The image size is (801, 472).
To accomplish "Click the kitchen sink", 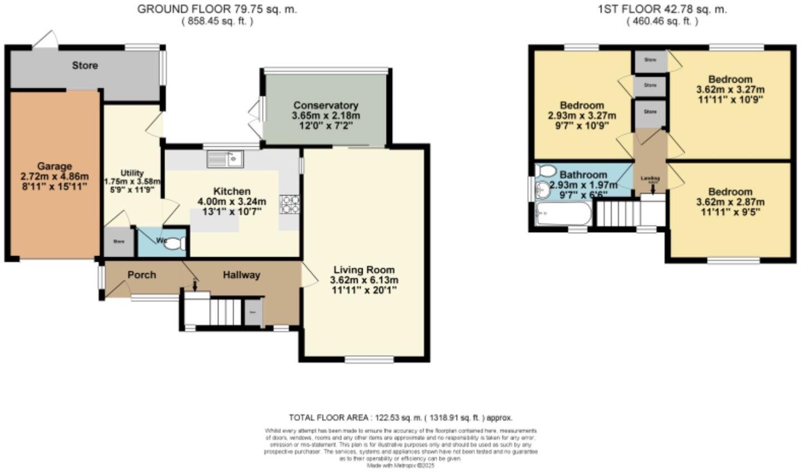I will click(225, 159).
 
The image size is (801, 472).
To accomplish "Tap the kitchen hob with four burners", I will click(289, 204).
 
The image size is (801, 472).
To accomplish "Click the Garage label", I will click(55, 166).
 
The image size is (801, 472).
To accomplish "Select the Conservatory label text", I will click(325, 105).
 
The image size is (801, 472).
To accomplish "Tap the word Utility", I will click(132, 173).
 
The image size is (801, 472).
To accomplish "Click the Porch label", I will click(141, 274).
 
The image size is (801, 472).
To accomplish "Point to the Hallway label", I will click(241, 274).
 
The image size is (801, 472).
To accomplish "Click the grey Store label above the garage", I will click(85, 65).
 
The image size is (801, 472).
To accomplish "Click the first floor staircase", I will click(616, 213).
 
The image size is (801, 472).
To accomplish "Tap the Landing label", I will click(650, 179).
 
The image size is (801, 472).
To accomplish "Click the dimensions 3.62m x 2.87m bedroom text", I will click(730, 201).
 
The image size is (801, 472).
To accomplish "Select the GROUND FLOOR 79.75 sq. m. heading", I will click(217, 9).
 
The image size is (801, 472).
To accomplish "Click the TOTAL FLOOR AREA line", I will click(400, 417).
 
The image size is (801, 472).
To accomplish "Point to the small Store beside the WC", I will click(118, 242).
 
